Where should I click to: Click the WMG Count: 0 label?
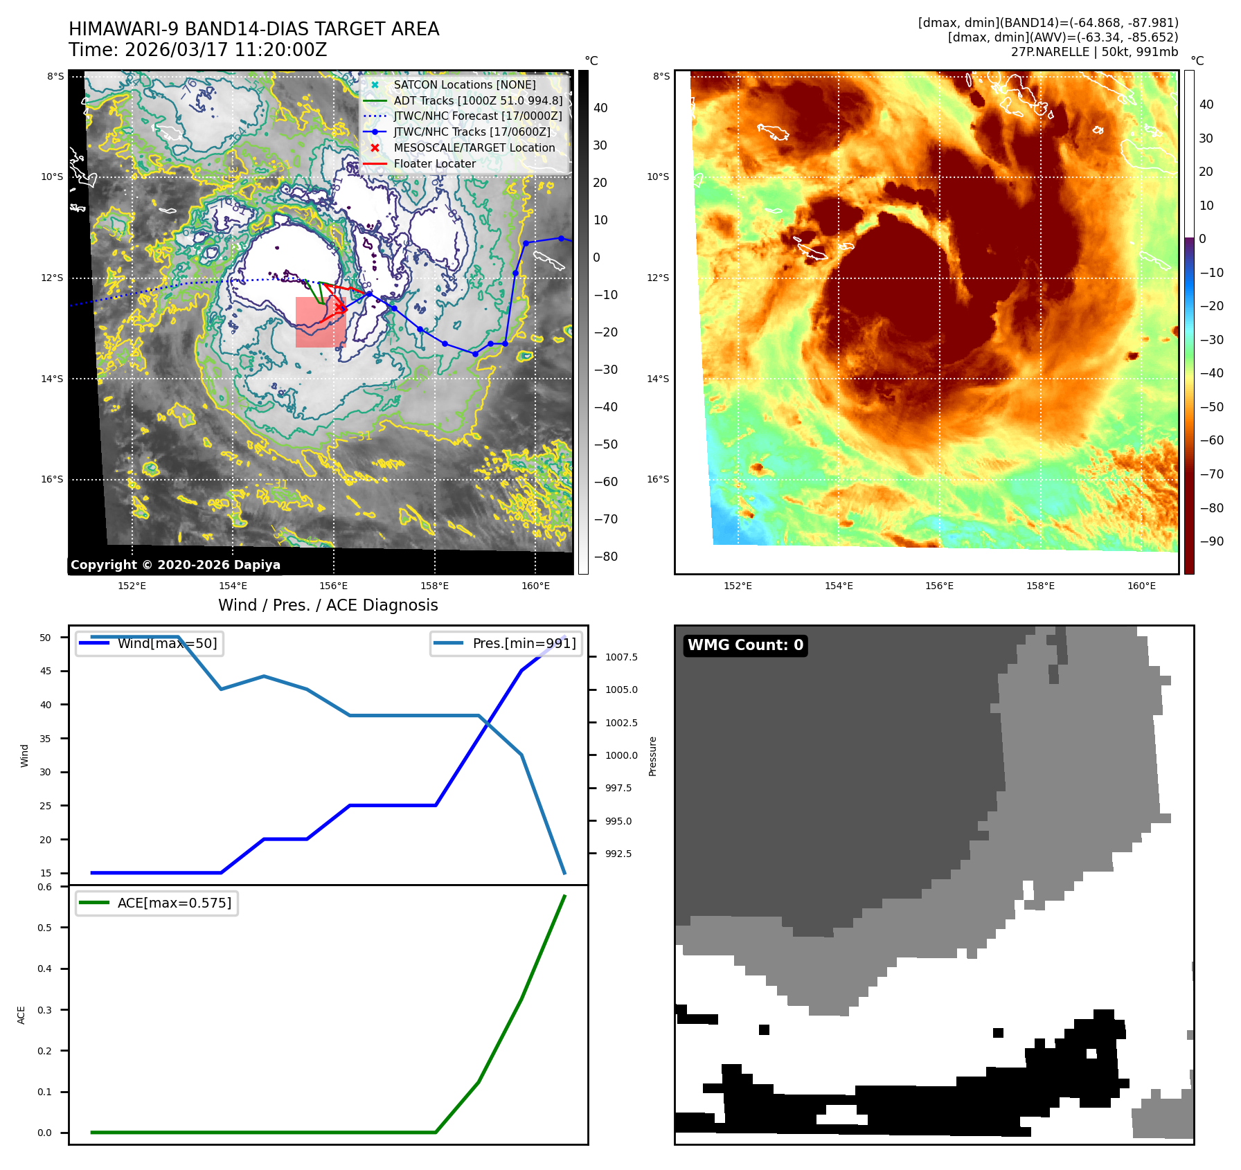745,645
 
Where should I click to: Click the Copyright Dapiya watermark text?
175,565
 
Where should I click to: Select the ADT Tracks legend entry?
477,100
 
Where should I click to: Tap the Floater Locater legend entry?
434,164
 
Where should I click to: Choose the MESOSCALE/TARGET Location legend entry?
474,148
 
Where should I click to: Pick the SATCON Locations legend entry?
464,84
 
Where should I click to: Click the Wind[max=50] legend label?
167,643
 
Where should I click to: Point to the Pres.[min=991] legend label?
524,643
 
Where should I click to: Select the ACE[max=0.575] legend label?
175,903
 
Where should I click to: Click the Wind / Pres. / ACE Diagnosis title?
328,605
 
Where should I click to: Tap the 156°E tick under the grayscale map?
333,586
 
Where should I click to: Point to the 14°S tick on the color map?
658,379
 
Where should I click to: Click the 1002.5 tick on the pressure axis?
621,723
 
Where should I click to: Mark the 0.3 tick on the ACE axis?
45,1010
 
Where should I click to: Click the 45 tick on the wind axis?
46,671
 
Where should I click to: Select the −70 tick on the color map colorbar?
1212,474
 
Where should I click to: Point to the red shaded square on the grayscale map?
320,322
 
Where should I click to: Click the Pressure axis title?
652,756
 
